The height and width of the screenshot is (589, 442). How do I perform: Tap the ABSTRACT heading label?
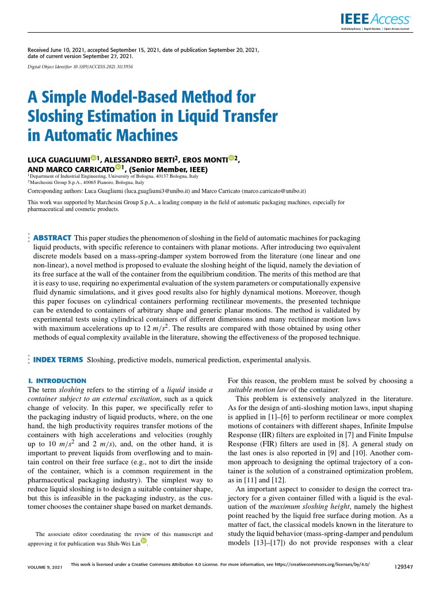pos(52,238)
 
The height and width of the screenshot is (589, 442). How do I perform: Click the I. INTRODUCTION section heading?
pos(57,381)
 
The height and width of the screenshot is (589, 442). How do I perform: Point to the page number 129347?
pos(402,567)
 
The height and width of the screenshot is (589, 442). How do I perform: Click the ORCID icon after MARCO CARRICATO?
pos(118,167)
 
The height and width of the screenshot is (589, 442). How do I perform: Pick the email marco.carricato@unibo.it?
pos(275,190)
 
